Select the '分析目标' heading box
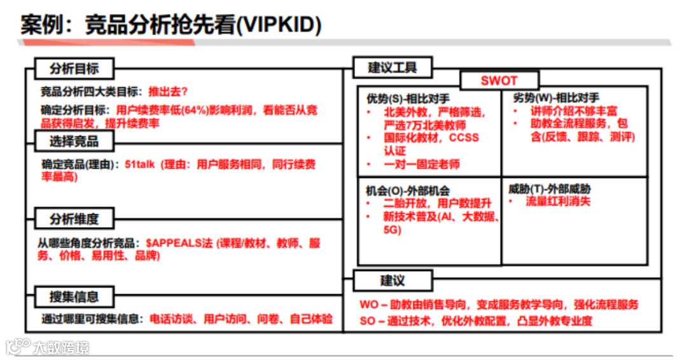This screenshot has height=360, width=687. (74, 69)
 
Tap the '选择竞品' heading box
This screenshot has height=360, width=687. (74, 140)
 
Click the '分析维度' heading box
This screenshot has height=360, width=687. (74, 219)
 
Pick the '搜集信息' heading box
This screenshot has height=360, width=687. (74, 296)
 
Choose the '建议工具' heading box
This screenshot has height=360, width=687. (392, 67)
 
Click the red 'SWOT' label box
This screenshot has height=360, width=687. (499, 81)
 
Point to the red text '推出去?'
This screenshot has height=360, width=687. (168, 91)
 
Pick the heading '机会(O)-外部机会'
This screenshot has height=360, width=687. (408, 190)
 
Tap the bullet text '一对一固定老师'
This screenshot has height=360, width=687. (421, 164)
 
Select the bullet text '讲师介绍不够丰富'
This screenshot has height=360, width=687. (570, 111)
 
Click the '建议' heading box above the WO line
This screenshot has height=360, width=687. (392, 280)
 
